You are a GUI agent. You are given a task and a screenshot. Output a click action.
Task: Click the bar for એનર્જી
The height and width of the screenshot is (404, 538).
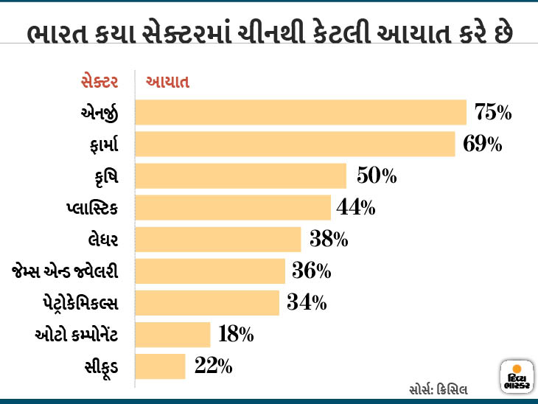point(301,113)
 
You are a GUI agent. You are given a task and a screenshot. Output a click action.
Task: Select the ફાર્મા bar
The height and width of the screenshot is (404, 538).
point(296,144)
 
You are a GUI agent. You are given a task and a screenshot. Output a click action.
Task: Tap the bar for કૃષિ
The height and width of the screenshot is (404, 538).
point(241,176)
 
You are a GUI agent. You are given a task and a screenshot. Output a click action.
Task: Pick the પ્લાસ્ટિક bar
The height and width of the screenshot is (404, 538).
point(233,208)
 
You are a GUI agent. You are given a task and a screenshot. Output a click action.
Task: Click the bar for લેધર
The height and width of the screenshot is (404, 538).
point(219,240)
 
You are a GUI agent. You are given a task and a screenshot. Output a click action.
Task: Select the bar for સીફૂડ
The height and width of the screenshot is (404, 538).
point(161,366)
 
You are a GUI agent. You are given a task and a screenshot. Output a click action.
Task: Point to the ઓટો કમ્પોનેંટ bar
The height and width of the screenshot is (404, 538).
point(173,335)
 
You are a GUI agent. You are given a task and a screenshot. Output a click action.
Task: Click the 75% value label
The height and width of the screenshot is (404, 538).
point(493,113)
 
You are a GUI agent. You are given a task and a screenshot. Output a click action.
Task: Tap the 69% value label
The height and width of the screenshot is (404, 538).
point(482,144)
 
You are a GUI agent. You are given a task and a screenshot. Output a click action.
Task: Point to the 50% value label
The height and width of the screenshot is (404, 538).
point(377,176)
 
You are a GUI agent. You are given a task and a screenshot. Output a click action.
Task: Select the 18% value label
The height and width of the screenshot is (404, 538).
point(236,335)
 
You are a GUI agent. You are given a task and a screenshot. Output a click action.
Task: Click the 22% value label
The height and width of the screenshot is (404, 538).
point(214,366)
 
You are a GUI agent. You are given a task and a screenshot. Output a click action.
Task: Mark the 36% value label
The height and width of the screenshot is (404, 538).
point(311,271)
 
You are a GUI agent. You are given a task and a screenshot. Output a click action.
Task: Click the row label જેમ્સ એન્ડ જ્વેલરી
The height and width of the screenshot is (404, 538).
point(66,271)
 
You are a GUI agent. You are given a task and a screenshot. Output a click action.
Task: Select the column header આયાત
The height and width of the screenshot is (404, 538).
point(169,82)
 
